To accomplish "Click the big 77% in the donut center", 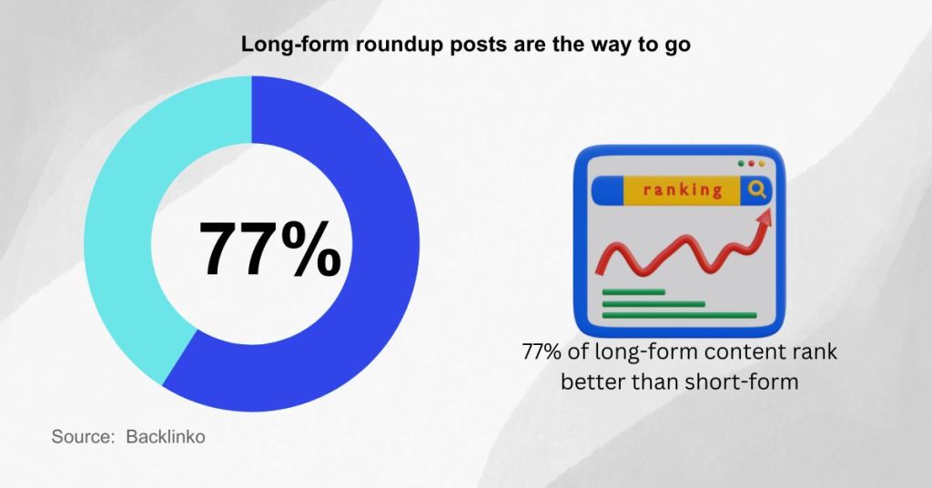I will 270,247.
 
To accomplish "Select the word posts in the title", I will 455,45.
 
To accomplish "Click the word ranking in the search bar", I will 682,191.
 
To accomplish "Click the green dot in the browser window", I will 741,164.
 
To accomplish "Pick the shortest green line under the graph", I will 635,292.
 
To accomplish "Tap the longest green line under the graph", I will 679,316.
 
